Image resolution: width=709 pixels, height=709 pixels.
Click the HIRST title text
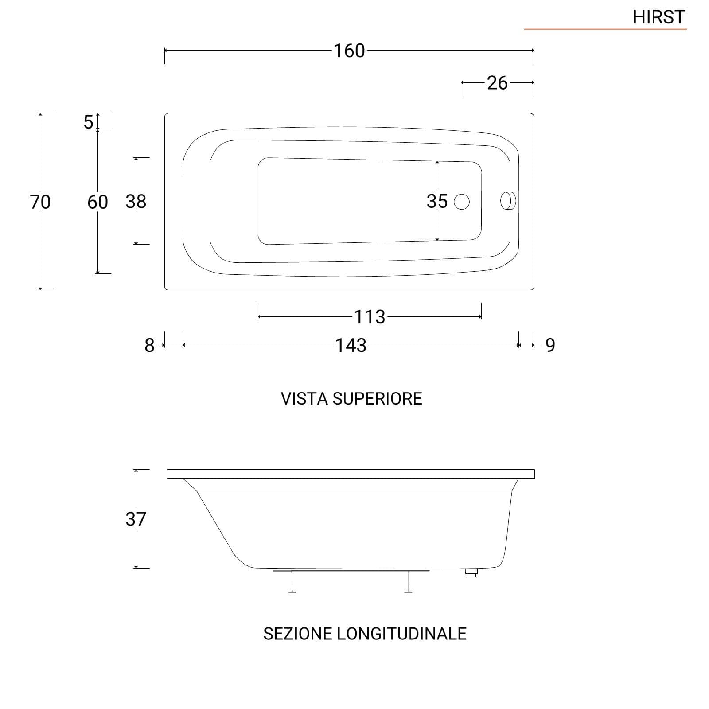point(659,17)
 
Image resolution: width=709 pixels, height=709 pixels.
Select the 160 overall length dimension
point(349,51)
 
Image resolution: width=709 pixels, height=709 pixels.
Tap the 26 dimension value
point(497,83)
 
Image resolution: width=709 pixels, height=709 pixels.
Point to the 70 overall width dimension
point(40,202)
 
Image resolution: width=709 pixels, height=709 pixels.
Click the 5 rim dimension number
point(89,122)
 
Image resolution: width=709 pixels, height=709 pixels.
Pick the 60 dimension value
point(97,202)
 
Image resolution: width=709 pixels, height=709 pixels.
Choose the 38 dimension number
point(136,202)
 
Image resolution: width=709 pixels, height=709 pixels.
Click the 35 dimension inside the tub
point(437,201)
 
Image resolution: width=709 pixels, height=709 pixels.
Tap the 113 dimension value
point(370,317)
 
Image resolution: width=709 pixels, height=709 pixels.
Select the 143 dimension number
point(351,345)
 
